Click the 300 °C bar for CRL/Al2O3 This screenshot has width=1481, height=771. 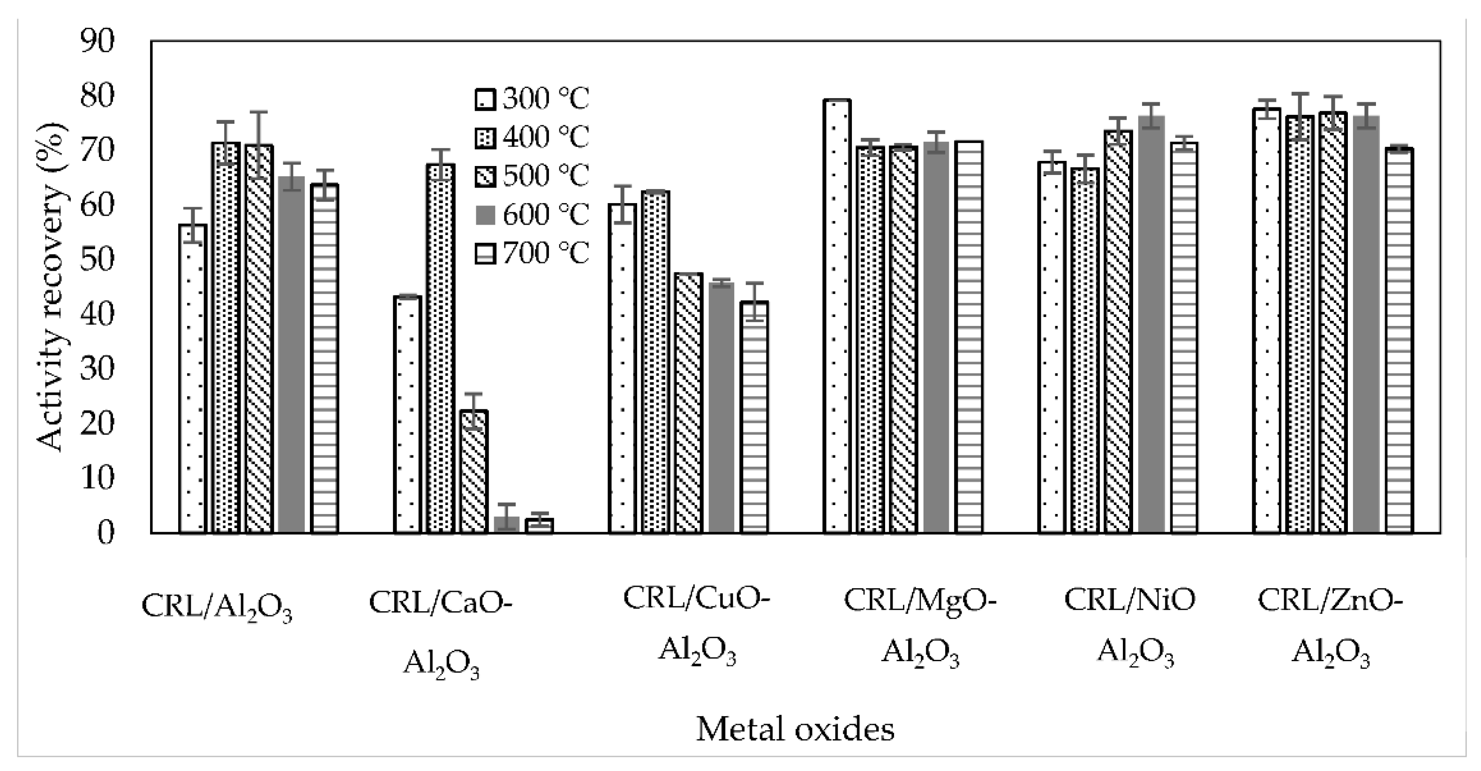[193, 379]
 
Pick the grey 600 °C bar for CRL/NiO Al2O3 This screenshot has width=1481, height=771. [1151, 325]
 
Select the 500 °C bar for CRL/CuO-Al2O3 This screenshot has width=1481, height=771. [688, 402]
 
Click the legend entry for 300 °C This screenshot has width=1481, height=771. [532, 99]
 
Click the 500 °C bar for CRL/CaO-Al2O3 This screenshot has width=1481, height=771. [474, 471]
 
